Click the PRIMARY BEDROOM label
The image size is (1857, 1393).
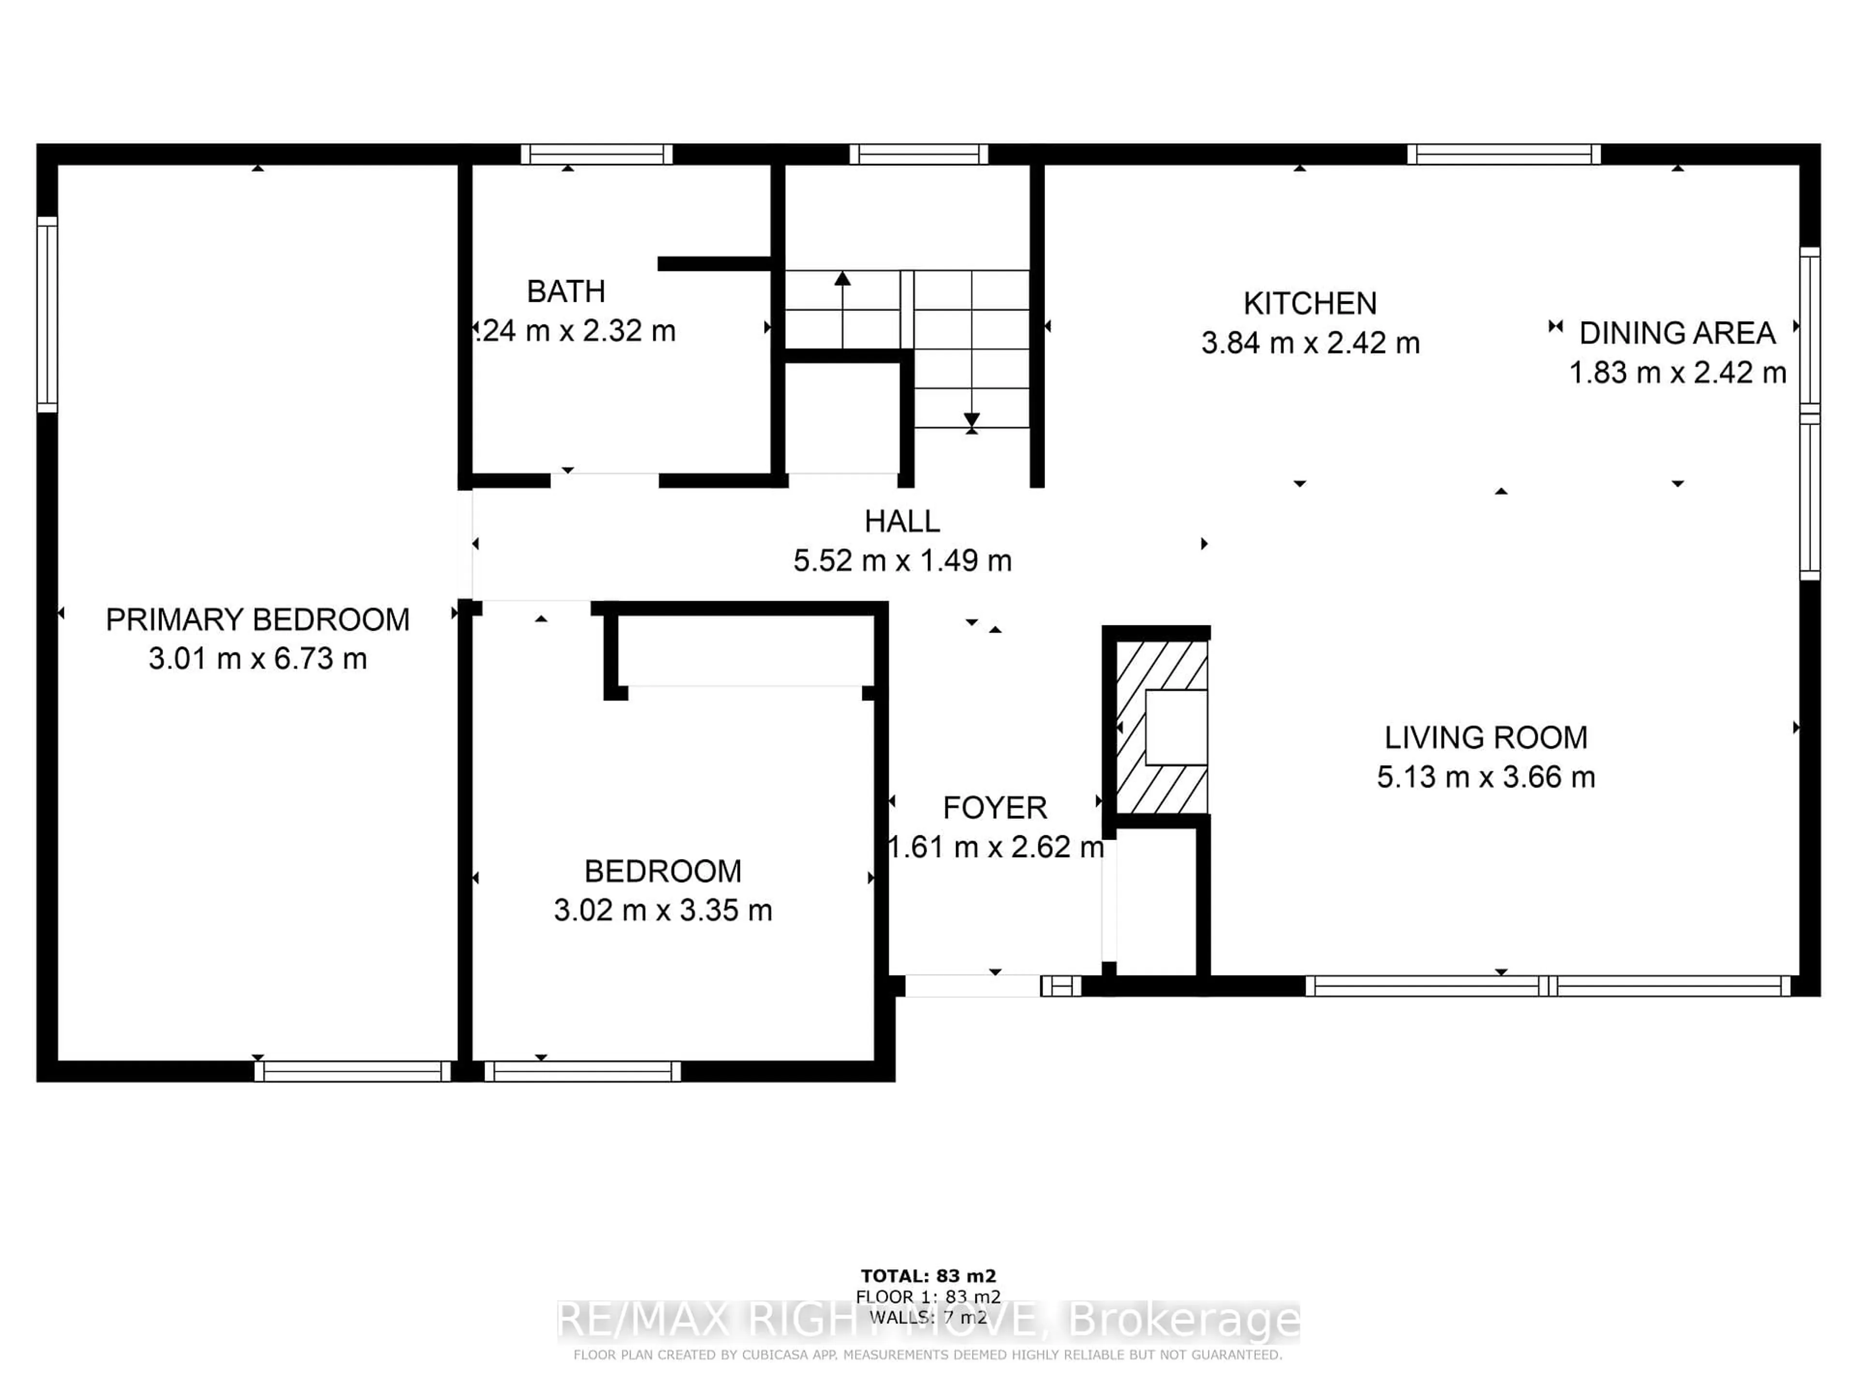(x=258, y=620)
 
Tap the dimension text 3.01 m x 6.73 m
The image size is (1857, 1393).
(x=258, y=658)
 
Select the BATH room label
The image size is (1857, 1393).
(x=566, y=291)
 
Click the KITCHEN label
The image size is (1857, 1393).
(x=1310, y=303)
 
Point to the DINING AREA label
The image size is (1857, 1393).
(x=1677, y=333)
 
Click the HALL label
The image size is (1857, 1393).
(x=902, y=521)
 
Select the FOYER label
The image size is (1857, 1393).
(x=995, y=808)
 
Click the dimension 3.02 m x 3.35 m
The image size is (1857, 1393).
(x=663, y=910)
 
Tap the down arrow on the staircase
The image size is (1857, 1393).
(x=972, y=420)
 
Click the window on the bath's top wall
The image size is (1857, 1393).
(x=596, y=154)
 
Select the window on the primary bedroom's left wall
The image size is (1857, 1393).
(x=47, y=315)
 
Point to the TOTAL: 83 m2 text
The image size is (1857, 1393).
(x=928, y=1276)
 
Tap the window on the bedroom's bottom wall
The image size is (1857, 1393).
(x=583, y=1071)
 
